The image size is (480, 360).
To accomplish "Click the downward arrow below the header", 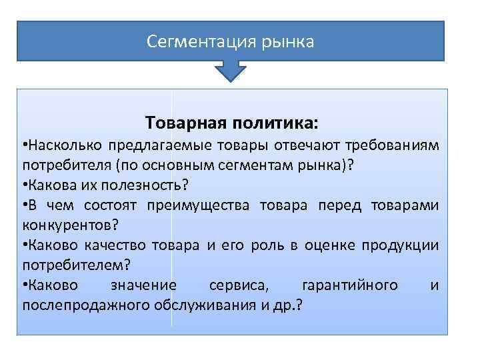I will pos(231,71).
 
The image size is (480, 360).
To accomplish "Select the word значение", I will pos(143,285).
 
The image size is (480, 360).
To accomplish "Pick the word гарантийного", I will pos(349,285).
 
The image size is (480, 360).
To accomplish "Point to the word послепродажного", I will pos(76,305).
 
